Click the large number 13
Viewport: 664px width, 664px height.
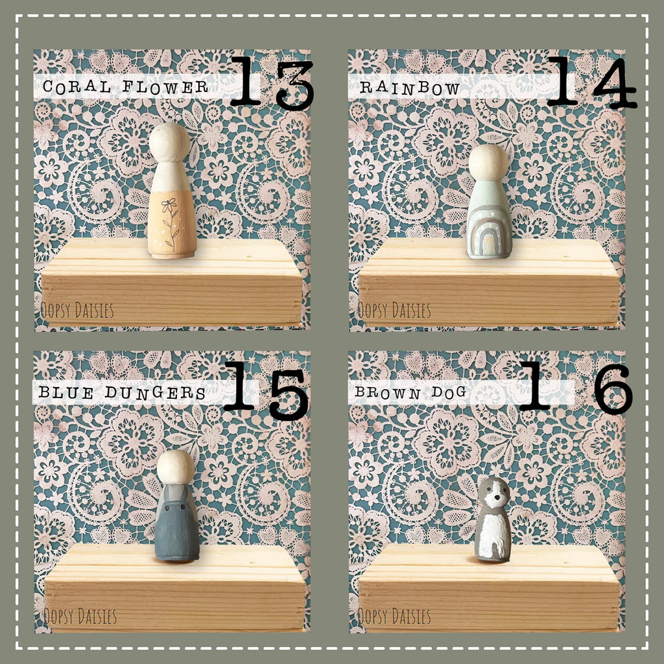[271, 82]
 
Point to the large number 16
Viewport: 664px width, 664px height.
[575, 389]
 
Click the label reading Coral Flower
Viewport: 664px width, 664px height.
[125, 87]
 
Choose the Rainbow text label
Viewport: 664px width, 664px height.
[410, 88]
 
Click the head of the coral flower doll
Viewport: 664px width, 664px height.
[170, 142]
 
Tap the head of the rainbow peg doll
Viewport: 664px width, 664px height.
[489, 163]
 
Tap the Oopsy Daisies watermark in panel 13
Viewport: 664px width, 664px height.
[77, 311]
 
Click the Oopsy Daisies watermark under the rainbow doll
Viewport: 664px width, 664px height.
[394, 311]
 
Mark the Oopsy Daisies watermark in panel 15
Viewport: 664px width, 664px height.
[80, 615]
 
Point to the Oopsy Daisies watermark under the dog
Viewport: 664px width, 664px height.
[394, 615]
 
